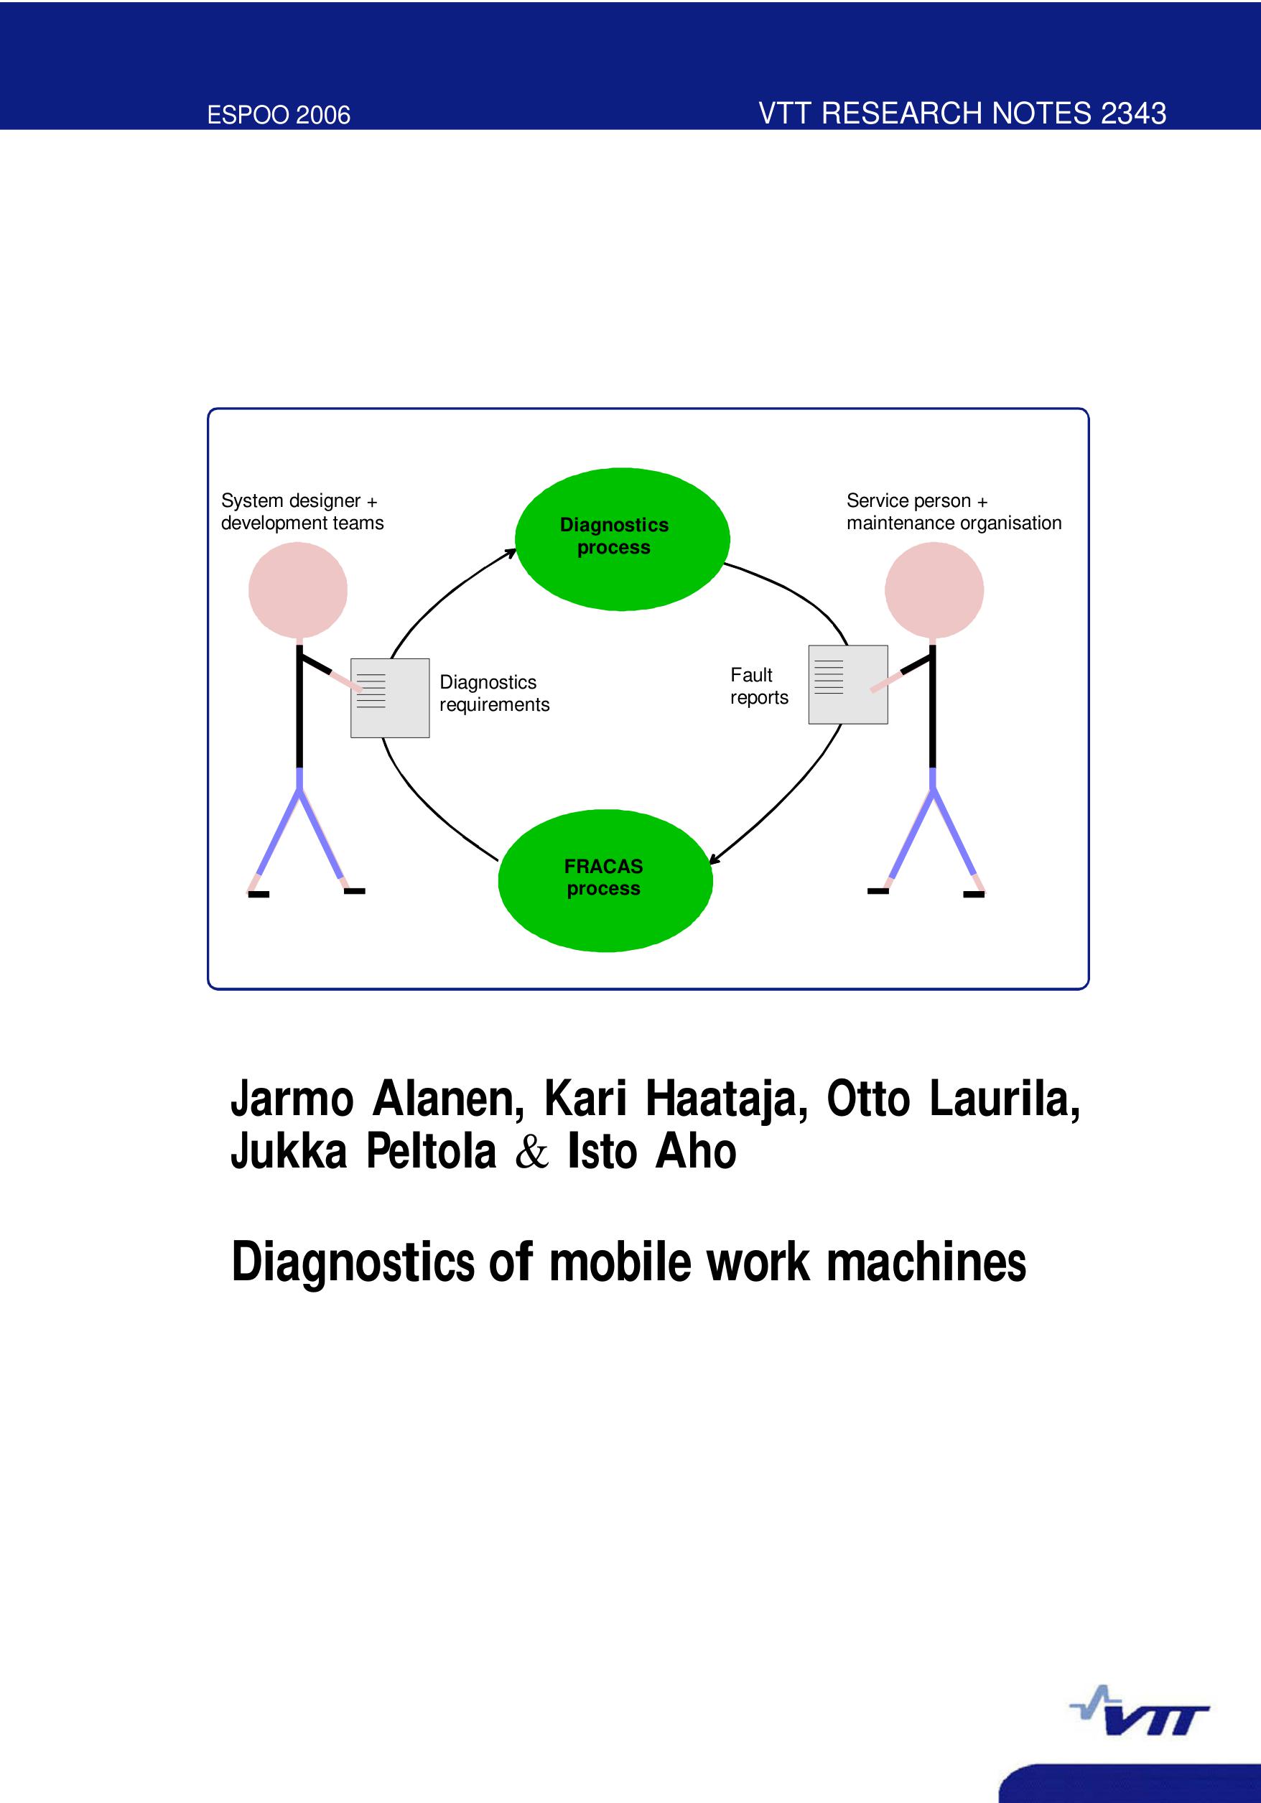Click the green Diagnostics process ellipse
click(622, 539)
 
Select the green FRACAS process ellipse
click(605, 880)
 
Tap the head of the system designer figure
click(297, 590)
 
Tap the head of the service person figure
click(934, 590)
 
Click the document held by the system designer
click(390, 697)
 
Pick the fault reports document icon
click(848, 684)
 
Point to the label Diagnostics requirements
click(494, 694)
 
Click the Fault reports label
click(758, 686)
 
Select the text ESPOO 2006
click(279, 115)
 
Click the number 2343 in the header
click(1133, 113)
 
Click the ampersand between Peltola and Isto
click(531, 1152)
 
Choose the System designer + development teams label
click(302, 512)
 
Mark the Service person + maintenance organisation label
click(953, 512)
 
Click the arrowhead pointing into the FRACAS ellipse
click(713, 861)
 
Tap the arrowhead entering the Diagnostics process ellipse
click(511, 552)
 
